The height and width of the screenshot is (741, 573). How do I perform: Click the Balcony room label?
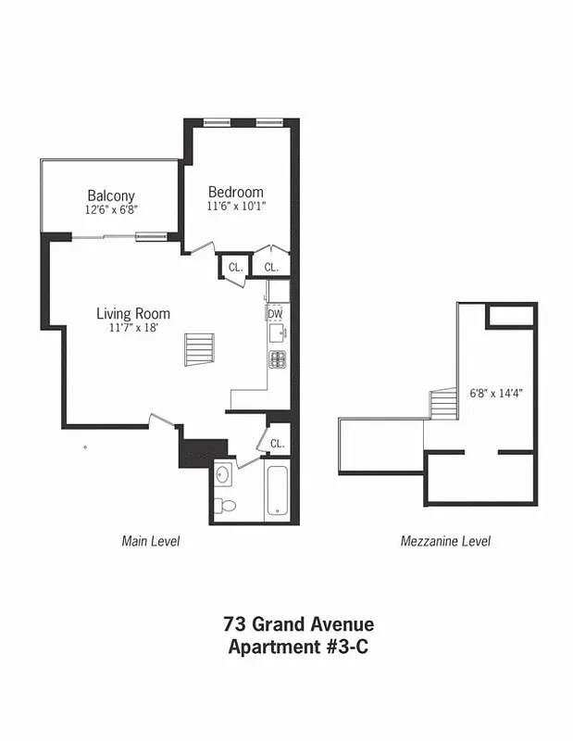(111, 195)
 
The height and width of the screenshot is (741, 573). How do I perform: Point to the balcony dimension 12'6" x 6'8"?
(111, 210)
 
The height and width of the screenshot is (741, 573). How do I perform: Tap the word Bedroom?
(235, 192)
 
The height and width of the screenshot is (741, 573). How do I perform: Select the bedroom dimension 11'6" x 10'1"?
(235, 207)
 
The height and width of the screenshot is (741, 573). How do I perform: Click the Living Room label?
(133, 314)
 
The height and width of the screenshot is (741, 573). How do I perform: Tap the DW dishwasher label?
(275, 314)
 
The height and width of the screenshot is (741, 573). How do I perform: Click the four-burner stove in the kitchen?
(277, 358)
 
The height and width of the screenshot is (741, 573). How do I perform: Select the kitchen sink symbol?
(279, 332)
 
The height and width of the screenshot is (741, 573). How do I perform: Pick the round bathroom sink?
(223, 475)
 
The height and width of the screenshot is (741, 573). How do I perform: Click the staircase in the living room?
(199, 350)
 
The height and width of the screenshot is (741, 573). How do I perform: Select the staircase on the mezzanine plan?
(443, 405)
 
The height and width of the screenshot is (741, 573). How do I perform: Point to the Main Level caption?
(151, 541)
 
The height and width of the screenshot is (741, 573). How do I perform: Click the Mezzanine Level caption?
(445, 541)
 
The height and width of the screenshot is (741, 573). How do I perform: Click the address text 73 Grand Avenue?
(298, 625)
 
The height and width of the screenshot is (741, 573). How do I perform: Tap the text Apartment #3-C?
(298, 647)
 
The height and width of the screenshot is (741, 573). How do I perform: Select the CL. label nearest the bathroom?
(277, 444)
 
